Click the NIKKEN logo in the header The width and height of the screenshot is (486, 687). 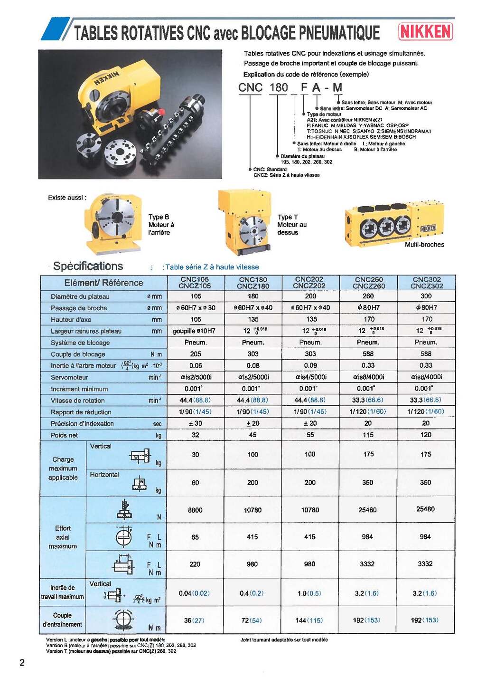(x=425, y=32)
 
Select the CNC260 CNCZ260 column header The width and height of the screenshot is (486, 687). (x=369, y=283)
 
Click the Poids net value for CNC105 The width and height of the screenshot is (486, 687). (x=196, y=435)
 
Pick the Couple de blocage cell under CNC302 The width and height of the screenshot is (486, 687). (x=426, y=353)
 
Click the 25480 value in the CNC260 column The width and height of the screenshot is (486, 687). (x=367, y=510)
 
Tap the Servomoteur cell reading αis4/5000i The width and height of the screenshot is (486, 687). (x=310, y=377)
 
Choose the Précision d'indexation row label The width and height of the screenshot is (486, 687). (x=82, y=423)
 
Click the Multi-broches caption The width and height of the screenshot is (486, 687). (x=424, y=245)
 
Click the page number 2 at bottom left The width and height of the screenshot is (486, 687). (x=22, y=663)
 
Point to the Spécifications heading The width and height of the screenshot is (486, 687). (x=88, y=266)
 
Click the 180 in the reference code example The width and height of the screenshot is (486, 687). (x=279, y=87)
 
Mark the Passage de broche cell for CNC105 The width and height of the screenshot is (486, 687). (x=196, y=308)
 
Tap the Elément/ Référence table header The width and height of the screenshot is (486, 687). (x=103, y=283)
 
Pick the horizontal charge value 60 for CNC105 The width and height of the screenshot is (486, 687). (x=195, y=483)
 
